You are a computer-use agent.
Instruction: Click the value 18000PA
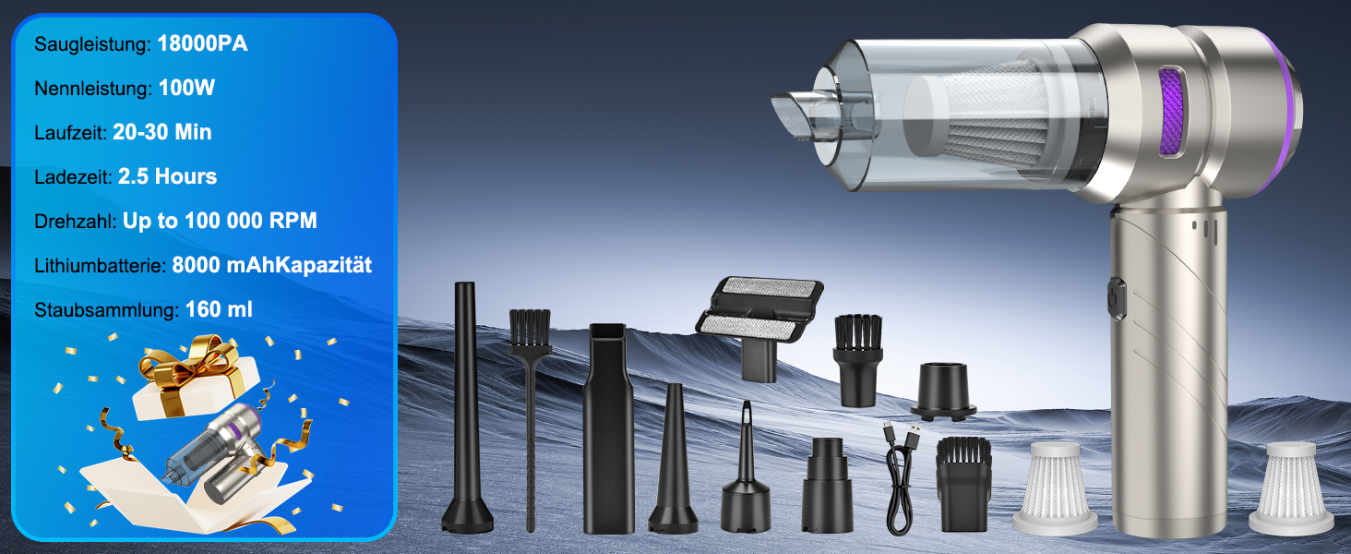click(x=202, y=43)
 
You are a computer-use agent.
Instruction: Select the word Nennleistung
click(x=92, y=88)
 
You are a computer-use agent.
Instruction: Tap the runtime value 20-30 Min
click(x=162, y=132)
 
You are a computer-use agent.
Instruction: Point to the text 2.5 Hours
click(x=167, y=176)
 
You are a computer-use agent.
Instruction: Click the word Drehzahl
click(x=75, y=221)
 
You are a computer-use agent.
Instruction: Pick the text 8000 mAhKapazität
click(x=272, y=265)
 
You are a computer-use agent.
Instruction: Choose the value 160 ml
click(x=219, y=309)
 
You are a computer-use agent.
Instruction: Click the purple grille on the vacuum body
click(x=1170, y=114)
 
